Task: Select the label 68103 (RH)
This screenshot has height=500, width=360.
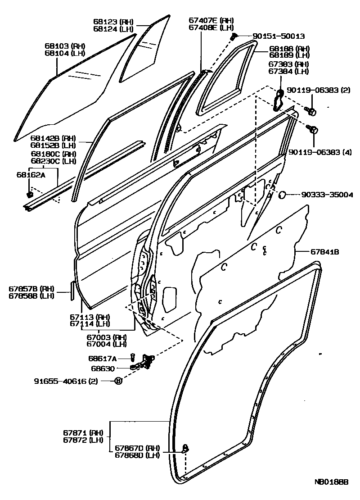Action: pyautogui.click(x=65, y=46)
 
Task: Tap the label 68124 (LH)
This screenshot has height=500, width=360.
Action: pyautogui.click(x=114, y=28)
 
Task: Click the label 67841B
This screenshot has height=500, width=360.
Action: pyautogui.click(x=324, y=251)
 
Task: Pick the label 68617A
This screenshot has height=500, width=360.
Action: pyautogui.click(x=102, y=359)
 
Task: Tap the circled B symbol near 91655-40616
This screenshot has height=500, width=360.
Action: pyautogui.click(x=118, y=381)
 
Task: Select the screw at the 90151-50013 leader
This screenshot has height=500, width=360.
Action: pyautogui.click(x=234, y=36)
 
